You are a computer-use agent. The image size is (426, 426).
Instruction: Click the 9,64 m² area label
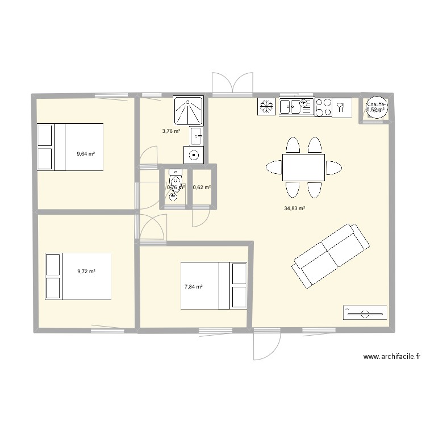86,153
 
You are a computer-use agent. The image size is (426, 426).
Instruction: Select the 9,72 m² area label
86,272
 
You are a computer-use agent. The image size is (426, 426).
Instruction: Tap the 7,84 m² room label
194,287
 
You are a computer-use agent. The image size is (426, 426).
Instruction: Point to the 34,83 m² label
295,208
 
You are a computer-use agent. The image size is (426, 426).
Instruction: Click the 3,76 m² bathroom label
171,131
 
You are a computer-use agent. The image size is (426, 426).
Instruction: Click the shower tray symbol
188,110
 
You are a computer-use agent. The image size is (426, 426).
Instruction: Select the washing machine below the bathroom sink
194,153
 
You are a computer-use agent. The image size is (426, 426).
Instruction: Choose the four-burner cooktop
324,107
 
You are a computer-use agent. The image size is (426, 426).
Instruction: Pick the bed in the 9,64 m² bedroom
70,147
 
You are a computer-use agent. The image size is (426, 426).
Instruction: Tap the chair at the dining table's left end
273,168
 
